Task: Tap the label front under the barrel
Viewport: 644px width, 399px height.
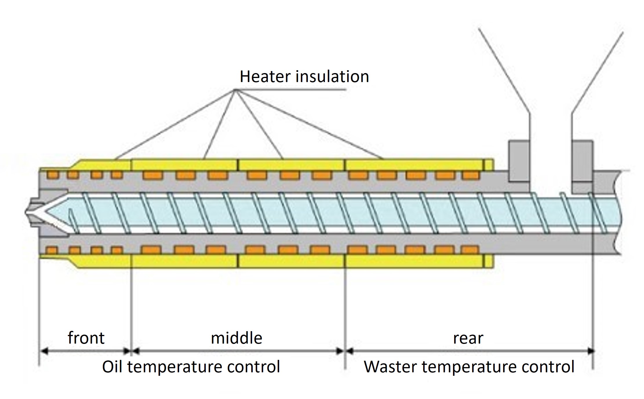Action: coord(86,338)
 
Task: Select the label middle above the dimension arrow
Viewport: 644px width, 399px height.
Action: coord(237,338)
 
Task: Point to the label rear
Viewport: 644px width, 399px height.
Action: coord(468,338)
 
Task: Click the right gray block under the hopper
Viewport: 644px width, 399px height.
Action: coord(583,161)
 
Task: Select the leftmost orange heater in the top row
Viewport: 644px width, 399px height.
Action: coord(52,175)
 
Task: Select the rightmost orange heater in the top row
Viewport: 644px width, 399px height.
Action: coord(470,175)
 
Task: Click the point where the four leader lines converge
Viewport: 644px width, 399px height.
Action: coord(236,90)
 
